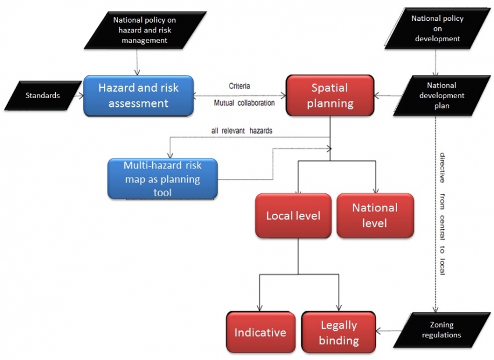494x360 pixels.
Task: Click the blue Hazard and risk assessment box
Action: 138,96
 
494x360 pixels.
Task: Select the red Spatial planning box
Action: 330,96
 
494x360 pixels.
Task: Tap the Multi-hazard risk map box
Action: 163,178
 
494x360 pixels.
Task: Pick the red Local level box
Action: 293,216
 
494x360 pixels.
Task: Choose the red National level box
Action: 375,215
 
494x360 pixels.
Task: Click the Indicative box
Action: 260,333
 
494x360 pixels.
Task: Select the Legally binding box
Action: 338,333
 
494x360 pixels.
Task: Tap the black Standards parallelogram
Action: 42,95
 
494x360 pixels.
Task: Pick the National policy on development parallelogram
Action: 437,28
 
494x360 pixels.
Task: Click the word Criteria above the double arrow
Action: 239,86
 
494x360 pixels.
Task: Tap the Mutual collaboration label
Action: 244,103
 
